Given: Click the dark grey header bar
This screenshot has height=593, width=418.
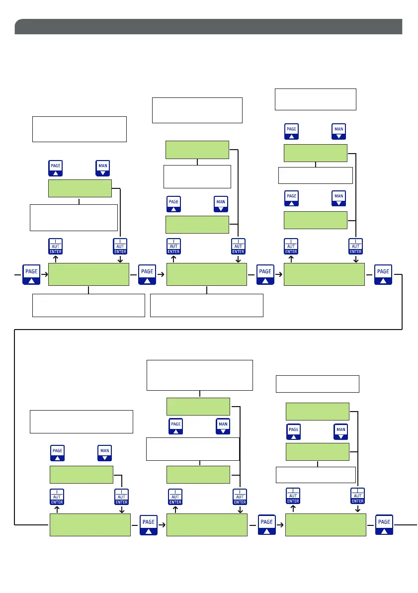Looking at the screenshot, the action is (x=208, y=27).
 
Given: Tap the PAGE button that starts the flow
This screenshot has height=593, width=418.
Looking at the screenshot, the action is (x=31, y=274).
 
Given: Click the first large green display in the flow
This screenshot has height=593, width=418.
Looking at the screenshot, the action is (x=88, y=274).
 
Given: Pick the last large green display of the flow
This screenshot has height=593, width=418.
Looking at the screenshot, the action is (x=326, y=524).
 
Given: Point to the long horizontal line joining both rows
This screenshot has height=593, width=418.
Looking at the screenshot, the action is (x=208, y=329).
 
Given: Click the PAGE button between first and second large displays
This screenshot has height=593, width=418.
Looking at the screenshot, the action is (x=148, y=274).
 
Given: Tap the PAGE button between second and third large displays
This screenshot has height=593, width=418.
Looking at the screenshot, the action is (x=265, y=274).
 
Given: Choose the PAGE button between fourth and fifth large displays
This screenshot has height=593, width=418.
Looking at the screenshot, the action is (x=149, y=524).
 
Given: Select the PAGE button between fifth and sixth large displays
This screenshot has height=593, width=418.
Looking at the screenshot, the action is (x=267, y=524).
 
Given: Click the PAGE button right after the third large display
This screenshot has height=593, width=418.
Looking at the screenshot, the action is (x=383, y=274).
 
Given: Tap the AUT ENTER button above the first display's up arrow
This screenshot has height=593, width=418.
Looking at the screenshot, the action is (x=55, y=246).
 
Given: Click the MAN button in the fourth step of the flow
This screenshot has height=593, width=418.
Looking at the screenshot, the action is (x=105, y=453).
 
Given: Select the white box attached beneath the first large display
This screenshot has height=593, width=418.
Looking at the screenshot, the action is (x=88, y=305).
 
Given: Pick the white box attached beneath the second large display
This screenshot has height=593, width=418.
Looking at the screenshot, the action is (x=206, y=305).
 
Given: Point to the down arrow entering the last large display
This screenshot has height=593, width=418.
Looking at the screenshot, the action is (x=357, y=509).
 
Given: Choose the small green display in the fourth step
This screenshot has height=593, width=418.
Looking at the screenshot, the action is (x=81, y=475).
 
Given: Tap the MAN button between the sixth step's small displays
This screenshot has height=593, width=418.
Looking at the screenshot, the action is (x=340, y=431).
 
